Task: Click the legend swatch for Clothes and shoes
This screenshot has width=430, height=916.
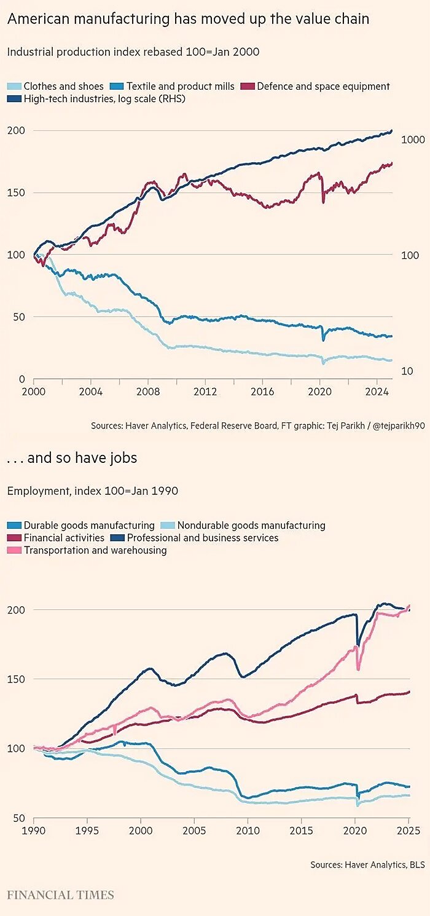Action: coord(15,87)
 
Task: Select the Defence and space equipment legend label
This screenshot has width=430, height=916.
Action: coord(323,87)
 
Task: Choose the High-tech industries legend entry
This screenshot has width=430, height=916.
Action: coord(104,98)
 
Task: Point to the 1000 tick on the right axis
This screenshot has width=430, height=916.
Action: coord(413,140)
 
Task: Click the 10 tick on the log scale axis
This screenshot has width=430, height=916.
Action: coord(407,371)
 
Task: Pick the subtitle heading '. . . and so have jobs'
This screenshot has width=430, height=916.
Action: coord(72,458)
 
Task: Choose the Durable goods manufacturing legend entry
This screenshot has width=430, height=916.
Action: coord(89,526)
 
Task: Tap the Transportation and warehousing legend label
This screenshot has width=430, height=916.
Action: coord(95,550)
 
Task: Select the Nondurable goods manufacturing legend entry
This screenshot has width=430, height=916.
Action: coord(251,526)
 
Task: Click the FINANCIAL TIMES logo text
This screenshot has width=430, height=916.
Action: coord(60,894)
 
